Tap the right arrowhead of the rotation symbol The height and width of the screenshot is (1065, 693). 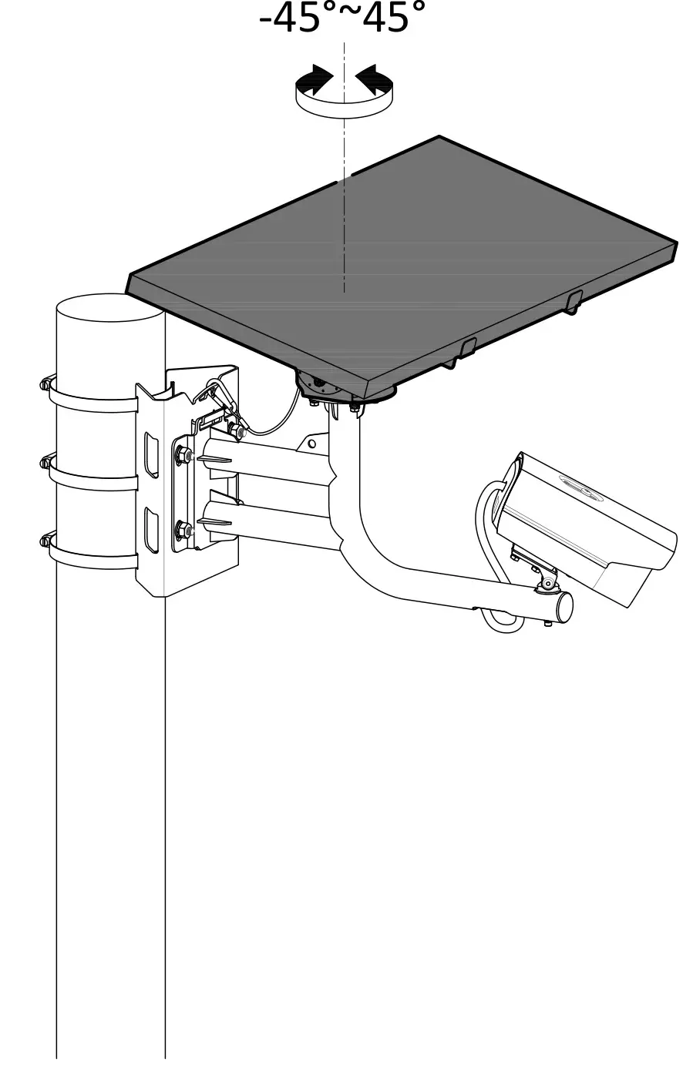[372, 78]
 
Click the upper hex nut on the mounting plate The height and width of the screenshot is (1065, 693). [185, 456]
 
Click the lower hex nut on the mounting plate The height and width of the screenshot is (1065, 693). [185, 531]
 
